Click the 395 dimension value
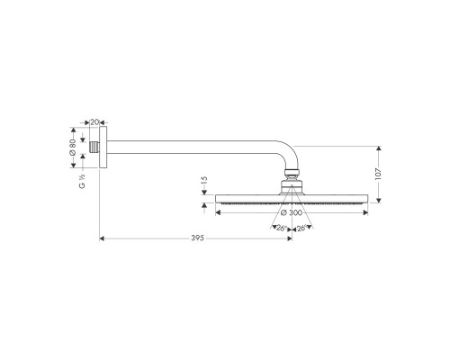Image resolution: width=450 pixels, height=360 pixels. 197,238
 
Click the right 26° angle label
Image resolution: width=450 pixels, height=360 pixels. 304,228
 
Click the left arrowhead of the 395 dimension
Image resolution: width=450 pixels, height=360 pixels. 101,238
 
